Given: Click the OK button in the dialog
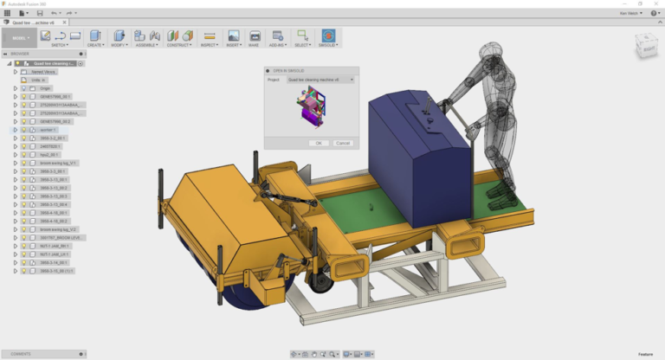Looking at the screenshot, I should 319,143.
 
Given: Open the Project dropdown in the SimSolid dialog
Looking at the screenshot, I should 320,80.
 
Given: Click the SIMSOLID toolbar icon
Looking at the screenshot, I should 328,36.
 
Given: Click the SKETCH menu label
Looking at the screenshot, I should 59,45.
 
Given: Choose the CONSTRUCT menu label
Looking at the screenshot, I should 178,45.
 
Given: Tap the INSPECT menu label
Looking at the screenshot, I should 209,45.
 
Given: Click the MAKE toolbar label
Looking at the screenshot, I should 255,45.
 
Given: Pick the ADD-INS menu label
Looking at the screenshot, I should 277,45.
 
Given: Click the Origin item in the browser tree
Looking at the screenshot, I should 46,88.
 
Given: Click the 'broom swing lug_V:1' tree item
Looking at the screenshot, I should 58,163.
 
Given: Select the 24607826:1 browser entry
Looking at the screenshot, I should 52,146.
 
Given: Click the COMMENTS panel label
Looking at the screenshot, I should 21,354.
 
